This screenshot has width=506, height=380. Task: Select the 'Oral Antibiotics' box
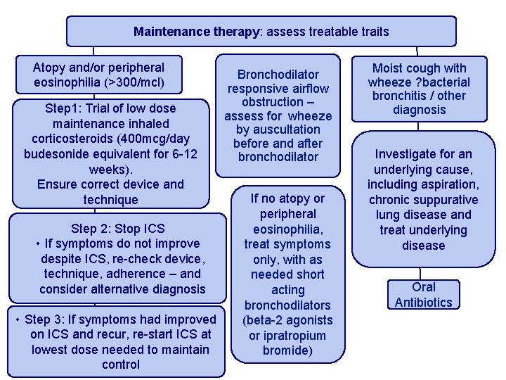point(424,295)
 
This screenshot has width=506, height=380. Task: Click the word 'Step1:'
point(64,108)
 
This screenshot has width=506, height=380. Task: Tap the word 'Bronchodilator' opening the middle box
point(278,74)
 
